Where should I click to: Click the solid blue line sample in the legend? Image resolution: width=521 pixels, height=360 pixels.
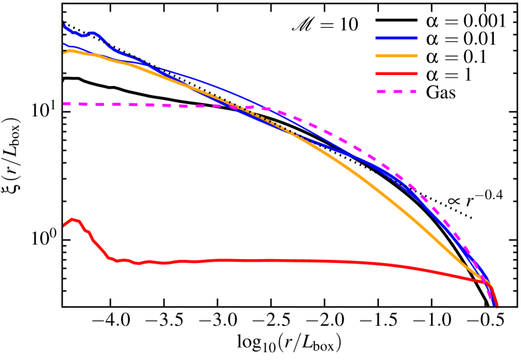396,38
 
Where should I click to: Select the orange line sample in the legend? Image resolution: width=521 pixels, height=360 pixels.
396,56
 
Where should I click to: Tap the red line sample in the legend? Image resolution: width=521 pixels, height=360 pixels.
396,74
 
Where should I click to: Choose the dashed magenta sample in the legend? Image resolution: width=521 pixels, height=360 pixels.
396,92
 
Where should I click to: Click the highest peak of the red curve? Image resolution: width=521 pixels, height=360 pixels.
72,219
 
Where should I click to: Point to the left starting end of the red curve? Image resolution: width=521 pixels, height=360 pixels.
63,226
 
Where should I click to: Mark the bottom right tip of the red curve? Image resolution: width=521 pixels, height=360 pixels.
496,305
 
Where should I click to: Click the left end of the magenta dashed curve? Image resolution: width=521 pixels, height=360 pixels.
64,103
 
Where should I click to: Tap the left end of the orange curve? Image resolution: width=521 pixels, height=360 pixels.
64,52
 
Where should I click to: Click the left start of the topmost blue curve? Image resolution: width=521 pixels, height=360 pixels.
64,25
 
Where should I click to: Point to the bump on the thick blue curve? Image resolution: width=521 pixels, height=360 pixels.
92,32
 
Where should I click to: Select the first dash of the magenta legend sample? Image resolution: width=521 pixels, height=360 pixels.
381,92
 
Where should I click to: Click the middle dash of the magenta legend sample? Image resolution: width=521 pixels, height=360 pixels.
396,92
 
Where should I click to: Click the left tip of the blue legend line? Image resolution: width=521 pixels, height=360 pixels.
376,38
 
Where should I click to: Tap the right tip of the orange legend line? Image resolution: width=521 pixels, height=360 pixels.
416,56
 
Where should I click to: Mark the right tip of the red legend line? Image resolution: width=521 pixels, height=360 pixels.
416,74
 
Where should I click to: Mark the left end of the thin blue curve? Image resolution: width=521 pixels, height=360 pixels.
64,44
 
